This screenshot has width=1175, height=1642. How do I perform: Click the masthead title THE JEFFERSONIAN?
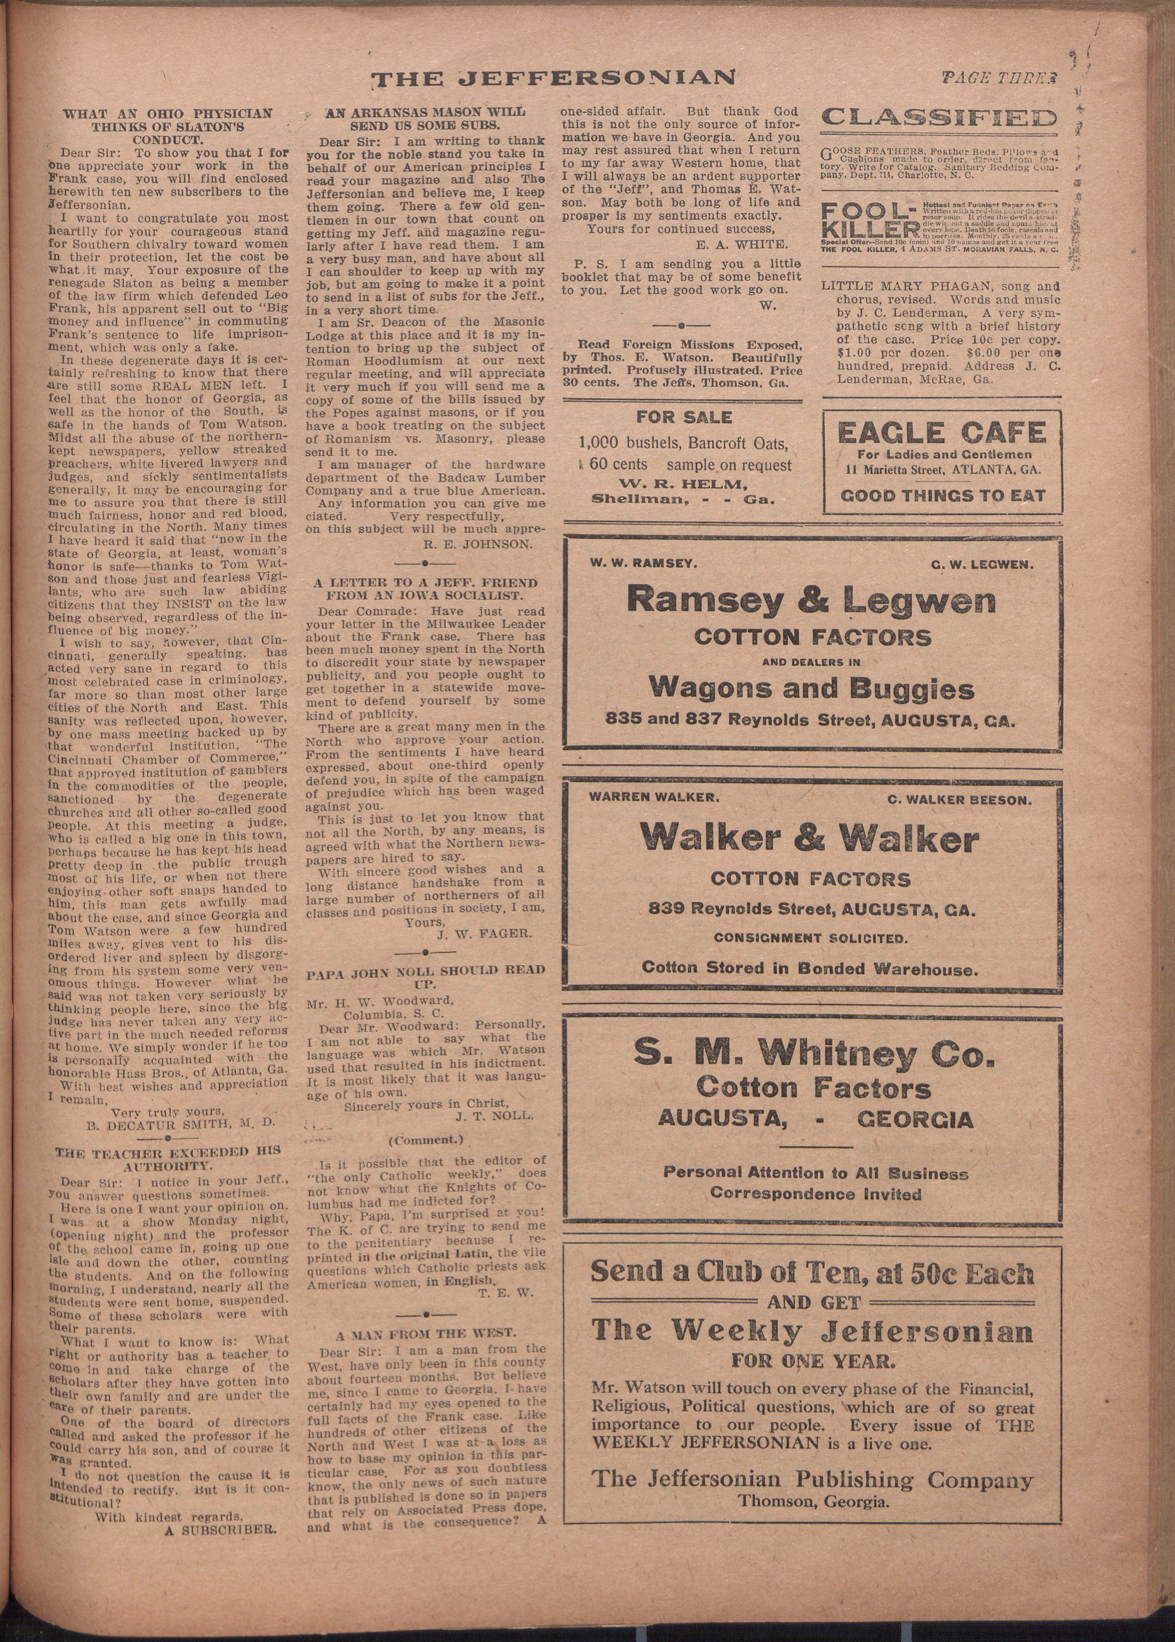554,78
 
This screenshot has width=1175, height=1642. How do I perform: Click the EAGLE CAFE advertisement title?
941,433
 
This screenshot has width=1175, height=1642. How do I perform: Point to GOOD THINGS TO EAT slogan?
943,495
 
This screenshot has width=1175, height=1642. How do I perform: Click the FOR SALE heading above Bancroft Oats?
684,417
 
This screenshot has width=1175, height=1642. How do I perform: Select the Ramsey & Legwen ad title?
811,599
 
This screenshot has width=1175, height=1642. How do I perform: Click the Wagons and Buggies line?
811,687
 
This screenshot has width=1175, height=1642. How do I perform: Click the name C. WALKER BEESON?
959,799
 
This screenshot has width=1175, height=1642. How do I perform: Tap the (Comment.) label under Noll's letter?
426,1140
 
